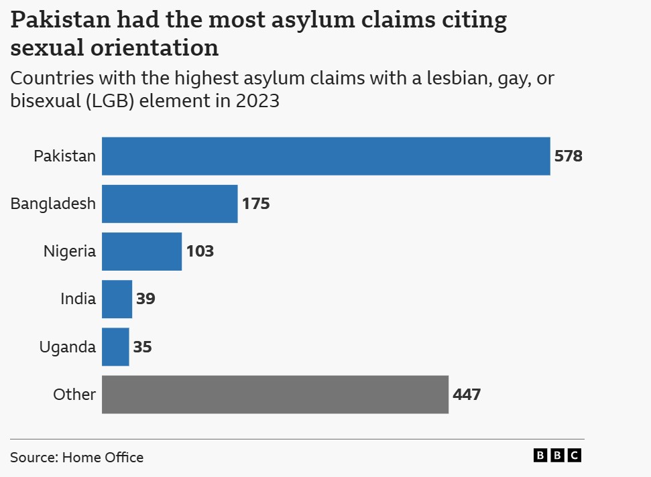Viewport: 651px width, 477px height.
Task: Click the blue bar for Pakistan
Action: tap(326, 156)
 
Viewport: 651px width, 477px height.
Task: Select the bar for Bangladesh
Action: tap(170, 204)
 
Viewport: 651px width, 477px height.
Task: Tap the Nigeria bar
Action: tap(141, 251)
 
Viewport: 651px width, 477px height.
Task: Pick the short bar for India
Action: tap(117, 299)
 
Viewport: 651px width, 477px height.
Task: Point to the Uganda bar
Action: tap(115, 346)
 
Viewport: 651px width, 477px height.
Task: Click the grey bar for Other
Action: tap(275, 394)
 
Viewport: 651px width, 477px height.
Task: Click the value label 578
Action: tap(569, 157)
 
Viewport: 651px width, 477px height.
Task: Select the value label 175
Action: tap(256, 204)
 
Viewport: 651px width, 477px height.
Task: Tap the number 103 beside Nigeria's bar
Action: tap(200, 252)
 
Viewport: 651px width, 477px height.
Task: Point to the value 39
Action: tap(145, 299)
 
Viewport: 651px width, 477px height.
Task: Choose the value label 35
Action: tap(142, 347)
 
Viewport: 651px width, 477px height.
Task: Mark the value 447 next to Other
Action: tap(467, 395)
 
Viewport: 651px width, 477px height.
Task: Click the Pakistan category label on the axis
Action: tap(65, 157)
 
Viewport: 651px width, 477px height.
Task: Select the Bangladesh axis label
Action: tap(53, 204)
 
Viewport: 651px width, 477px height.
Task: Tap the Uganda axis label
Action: tap(68, 347)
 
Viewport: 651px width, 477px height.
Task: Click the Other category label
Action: tap(74, 395)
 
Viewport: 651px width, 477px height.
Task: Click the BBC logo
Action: tap(557, 456)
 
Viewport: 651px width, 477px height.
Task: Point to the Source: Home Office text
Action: tap(76, 458)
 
